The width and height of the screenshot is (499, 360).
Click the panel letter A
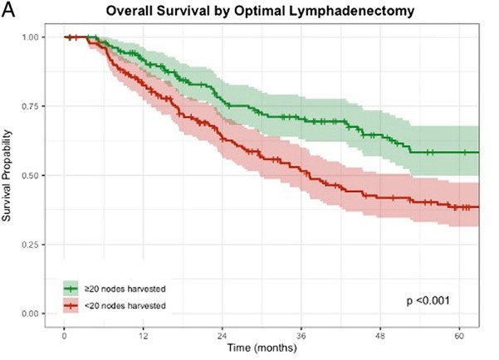[x=8, y=10]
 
